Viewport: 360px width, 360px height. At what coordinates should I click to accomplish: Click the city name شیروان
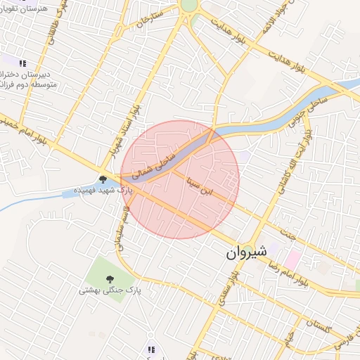[247, 252]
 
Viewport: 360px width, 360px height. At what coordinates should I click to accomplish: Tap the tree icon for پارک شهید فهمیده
[103, 179]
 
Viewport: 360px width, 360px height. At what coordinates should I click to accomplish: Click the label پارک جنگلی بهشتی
[109, 290]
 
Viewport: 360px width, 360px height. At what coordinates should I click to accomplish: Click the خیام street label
[288, 344]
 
